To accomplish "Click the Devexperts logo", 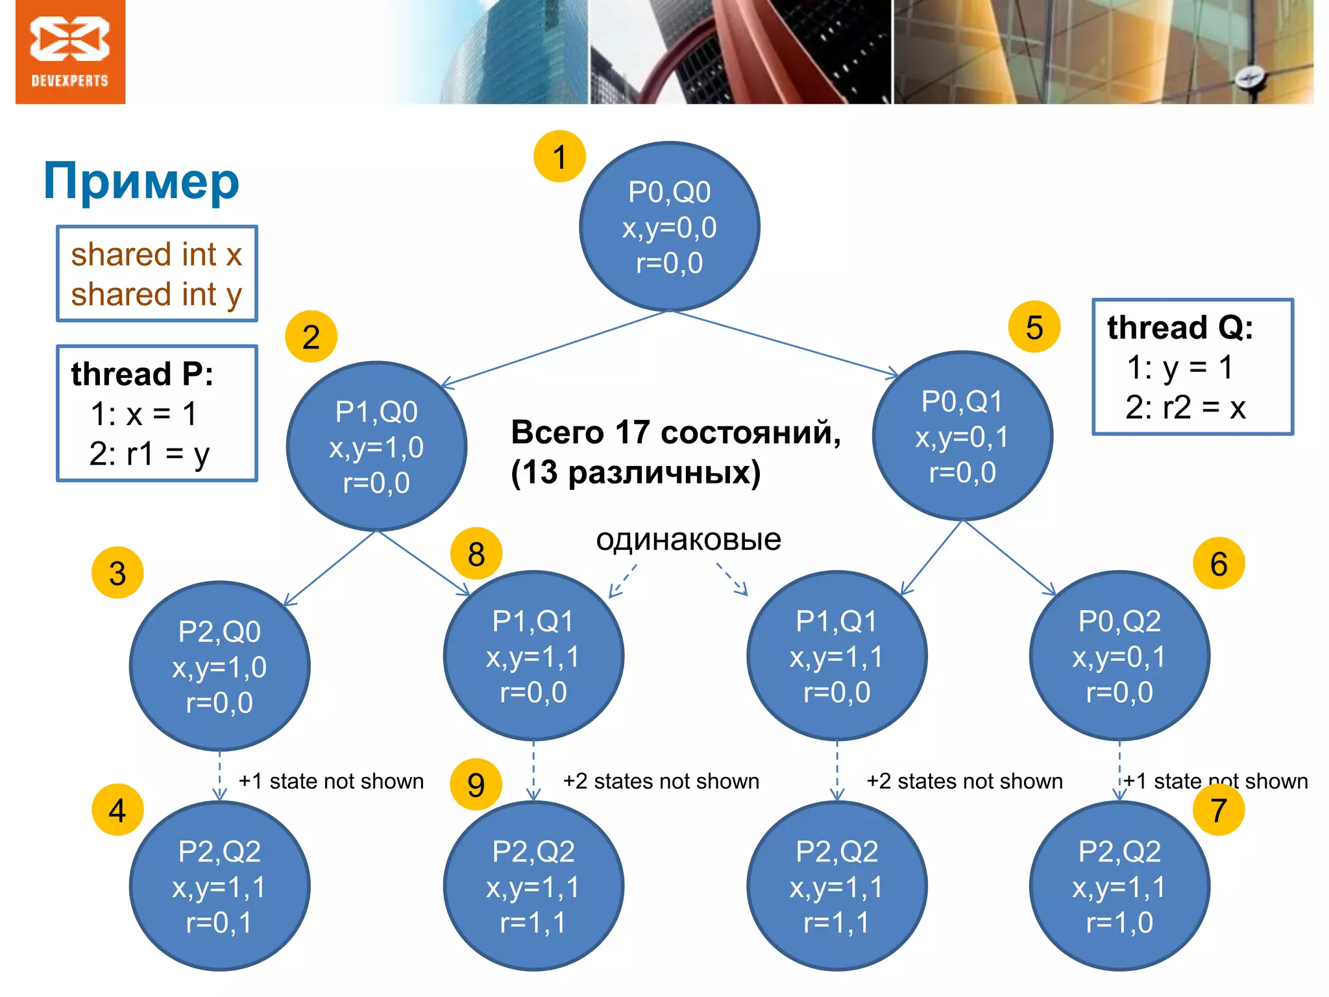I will (x=70, y=52).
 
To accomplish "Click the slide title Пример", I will (x=141, y=182).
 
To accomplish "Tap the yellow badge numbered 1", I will (x=559, y=156).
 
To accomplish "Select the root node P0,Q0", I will (x=669, y=227).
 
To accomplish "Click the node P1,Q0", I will (x=376, y=447).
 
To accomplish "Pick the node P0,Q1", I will (x=962, y=436).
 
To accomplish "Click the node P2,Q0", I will (x=219, y=667).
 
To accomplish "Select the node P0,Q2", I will (x=1119, y=656).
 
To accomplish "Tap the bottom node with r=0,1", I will (x=219, y=886).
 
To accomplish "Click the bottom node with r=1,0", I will (x=1119, y=886).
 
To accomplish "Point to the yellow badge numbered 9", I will (x=476, y=785).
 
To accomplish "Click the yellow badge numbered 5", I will (x=1034, y=327).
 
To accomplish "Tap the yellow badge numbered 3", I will (x=117, y=573).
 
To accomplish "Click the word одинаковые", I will (x=689, y=539).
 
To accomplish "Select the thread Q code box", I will (x=1193, y=367).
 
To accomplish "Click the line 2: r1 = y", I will (x=149, y=454).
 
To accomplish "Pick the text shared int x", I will (x=156, y=254).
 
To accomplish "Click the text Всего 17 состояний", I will (x=675, y=432).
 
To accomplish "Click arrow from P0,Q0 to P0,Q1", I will (x=785, y=344).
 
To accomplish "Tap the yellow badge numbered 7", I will (x=1218, y=810).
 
